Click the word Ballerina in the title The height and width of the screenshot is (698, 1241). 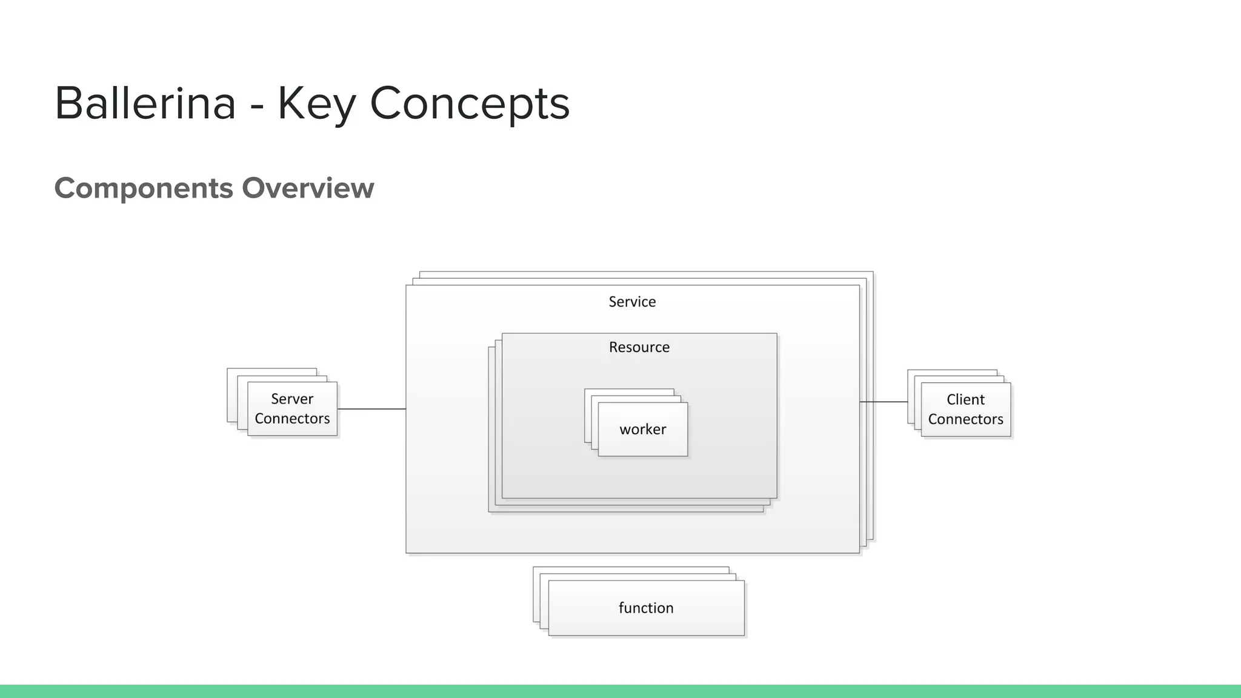pos(145,103)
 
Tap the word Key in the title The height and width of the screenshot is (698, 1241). pos(316,104)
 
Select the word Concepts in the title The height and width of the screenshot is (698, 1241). pos(470,104)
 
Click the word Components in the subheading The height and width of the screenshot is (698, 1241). pos(144,188)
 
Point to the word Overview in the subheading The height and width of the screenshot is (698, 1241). pos(308,188)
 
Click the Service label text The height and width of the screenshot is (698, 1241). pos(632,302)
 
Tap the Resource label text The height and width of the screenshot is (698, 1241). pos(639,347)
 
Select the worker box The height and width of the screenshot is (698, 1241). pos(643,430)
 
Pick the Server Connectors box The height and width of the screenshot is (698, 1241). pos(292,409)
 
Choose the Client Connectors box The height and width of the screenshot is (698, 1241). pos(966,410)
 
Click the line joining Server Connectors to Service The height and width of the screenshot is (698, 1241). pos(371,409)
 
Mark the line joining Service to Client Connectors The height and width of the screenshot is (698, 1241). pos(883,402)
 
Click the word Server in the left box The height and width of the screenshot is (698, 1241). pos(292,399)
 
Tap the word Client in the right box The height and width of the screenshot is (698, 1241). pos(966,400)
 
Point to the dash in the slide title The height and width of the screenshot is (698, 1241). pos(257,105)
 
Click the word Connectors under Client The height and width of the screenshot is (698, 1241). pos(966,419)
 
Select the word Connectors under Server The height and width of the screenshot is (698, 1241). pos(292,419)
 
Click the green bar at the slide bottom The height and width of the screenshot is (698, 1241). pos(620,691)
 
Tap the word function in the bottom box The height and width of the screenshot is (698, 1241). pos(646,608)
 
